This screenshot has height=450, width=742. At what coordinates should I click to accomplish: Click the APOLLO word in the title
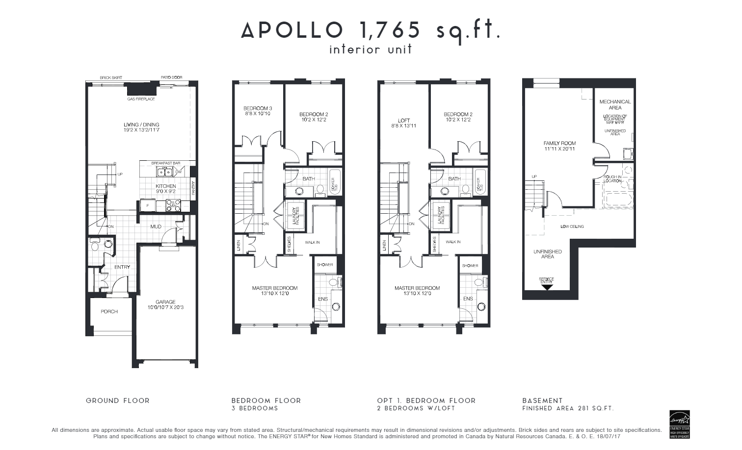point(292,30)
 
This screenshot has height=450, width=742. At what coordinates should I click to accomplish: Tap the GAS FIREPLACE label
point(141,99)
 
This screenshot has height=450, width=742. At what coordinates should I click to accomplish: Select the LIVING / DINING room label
point(141,125)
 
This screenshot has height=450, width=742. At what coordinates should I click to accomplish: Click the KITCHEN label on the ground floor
point(166,186)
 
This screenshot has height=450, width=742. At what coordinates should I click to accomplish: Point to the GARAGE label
point(165,302)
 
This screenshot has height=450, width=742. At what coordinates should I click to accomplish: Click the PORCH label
point(109,311)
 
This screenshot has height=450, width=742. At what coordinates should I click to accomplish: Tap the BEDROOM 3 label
point(258,108)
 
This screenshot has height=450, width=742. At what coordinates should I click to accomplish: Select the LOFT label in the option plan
point(404,120)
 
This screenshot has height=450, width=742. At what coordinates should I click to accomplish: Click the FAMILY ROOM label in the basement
point(559,144)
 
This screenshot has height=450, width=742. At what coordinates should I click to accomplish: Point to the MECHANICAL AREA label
point(615,104)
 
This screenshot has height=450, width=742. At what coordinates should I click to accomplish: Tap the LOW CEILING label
point(572,226)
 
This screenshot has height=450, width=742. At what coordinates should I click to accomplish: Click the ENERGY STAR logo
point(680,421)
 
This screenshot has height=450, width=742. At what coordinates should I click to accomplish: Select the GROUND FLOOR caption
point(118,400)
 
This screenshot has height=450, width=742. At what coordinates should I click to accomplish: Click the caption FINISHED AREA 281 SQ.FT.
point(568,408)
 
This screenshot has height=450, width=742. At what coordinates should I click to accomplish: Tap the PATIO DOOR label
point(171,77)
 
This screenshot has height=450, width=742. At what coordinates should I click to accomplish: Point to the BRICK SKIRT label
point(111,77)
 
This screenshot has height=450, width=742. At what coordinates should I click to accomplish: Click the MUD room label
point(156,226)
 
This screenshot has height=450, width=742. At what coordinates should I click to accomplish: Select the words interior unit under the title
point(371,50)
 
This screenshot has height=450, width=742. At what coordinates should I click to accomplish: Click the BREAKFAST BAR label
point(166,163)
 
